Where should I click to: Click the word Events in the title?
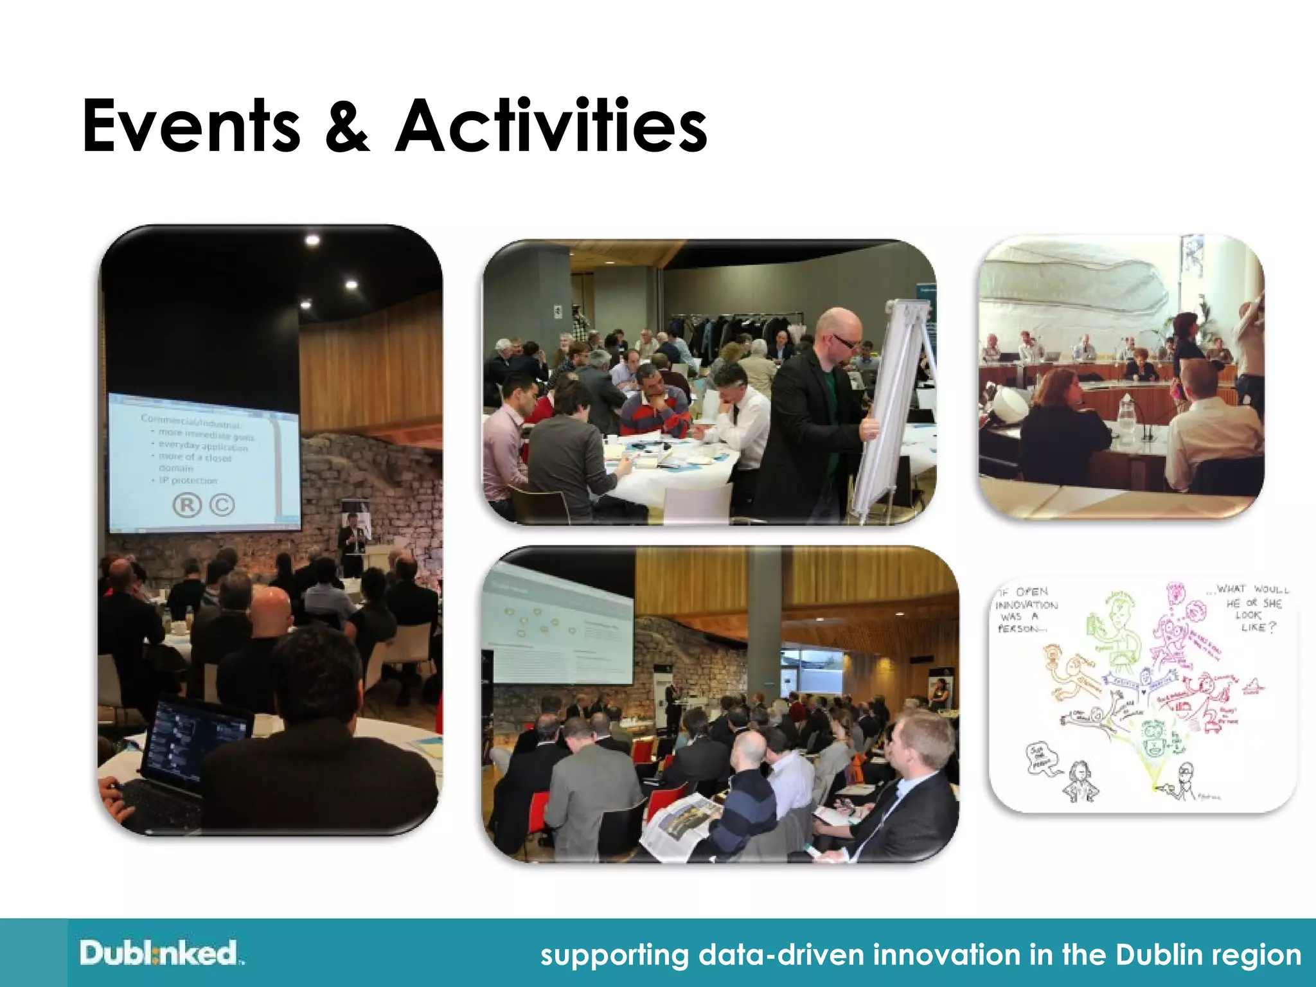[191, 127]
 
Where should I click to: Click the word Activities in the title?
[551, 127]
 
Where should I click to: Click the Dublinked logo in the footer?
[160, 953]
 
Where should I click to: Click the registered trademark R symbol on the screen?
[186, 505]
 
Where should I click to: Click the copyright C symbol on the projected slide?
[222, 505]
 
